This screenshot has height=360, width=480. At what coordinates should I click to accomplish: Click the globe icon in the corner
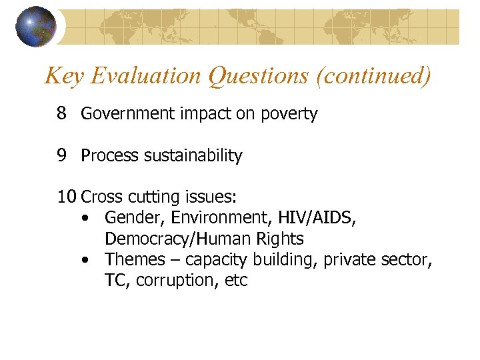pyautogui.click(x=36, y=26)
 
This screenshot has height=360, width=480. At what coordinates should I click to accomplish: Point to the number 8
pyautogui.click(x=61, y=114)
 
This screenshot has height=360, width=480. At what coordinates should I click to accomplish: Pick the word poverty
pyautogui.click(x=289, y=115)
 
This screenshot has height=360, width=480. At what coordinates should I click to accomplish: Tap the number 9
pyautogui.click(x=61, y=156)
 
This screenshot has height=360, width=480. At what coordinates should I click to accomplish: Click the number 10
pyautogui.click(x=66, y=197)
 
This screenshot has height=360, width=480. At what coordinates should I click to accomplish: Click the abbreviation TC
pyautogui.click(x=116, y=281)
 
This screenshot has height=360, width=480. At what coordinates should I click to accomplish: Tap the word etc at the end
pyautogui.click(x=236, y=281)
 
